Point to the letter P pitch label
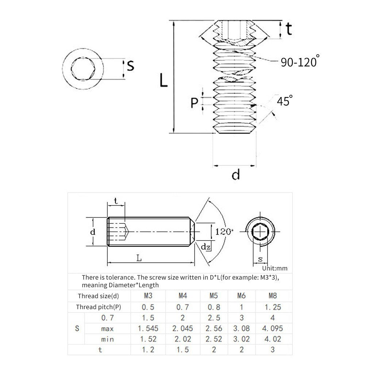(194, 103)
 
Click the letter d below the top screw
(236, 175)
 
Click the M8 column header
(272, 296)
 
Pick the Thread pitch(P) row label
(99, 307)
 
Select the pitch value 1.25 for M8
(272, 307)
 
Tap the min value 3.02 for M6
(242, 339)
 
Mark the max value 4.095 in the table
(272, 328)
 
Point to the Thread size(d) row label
(99, 296)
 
